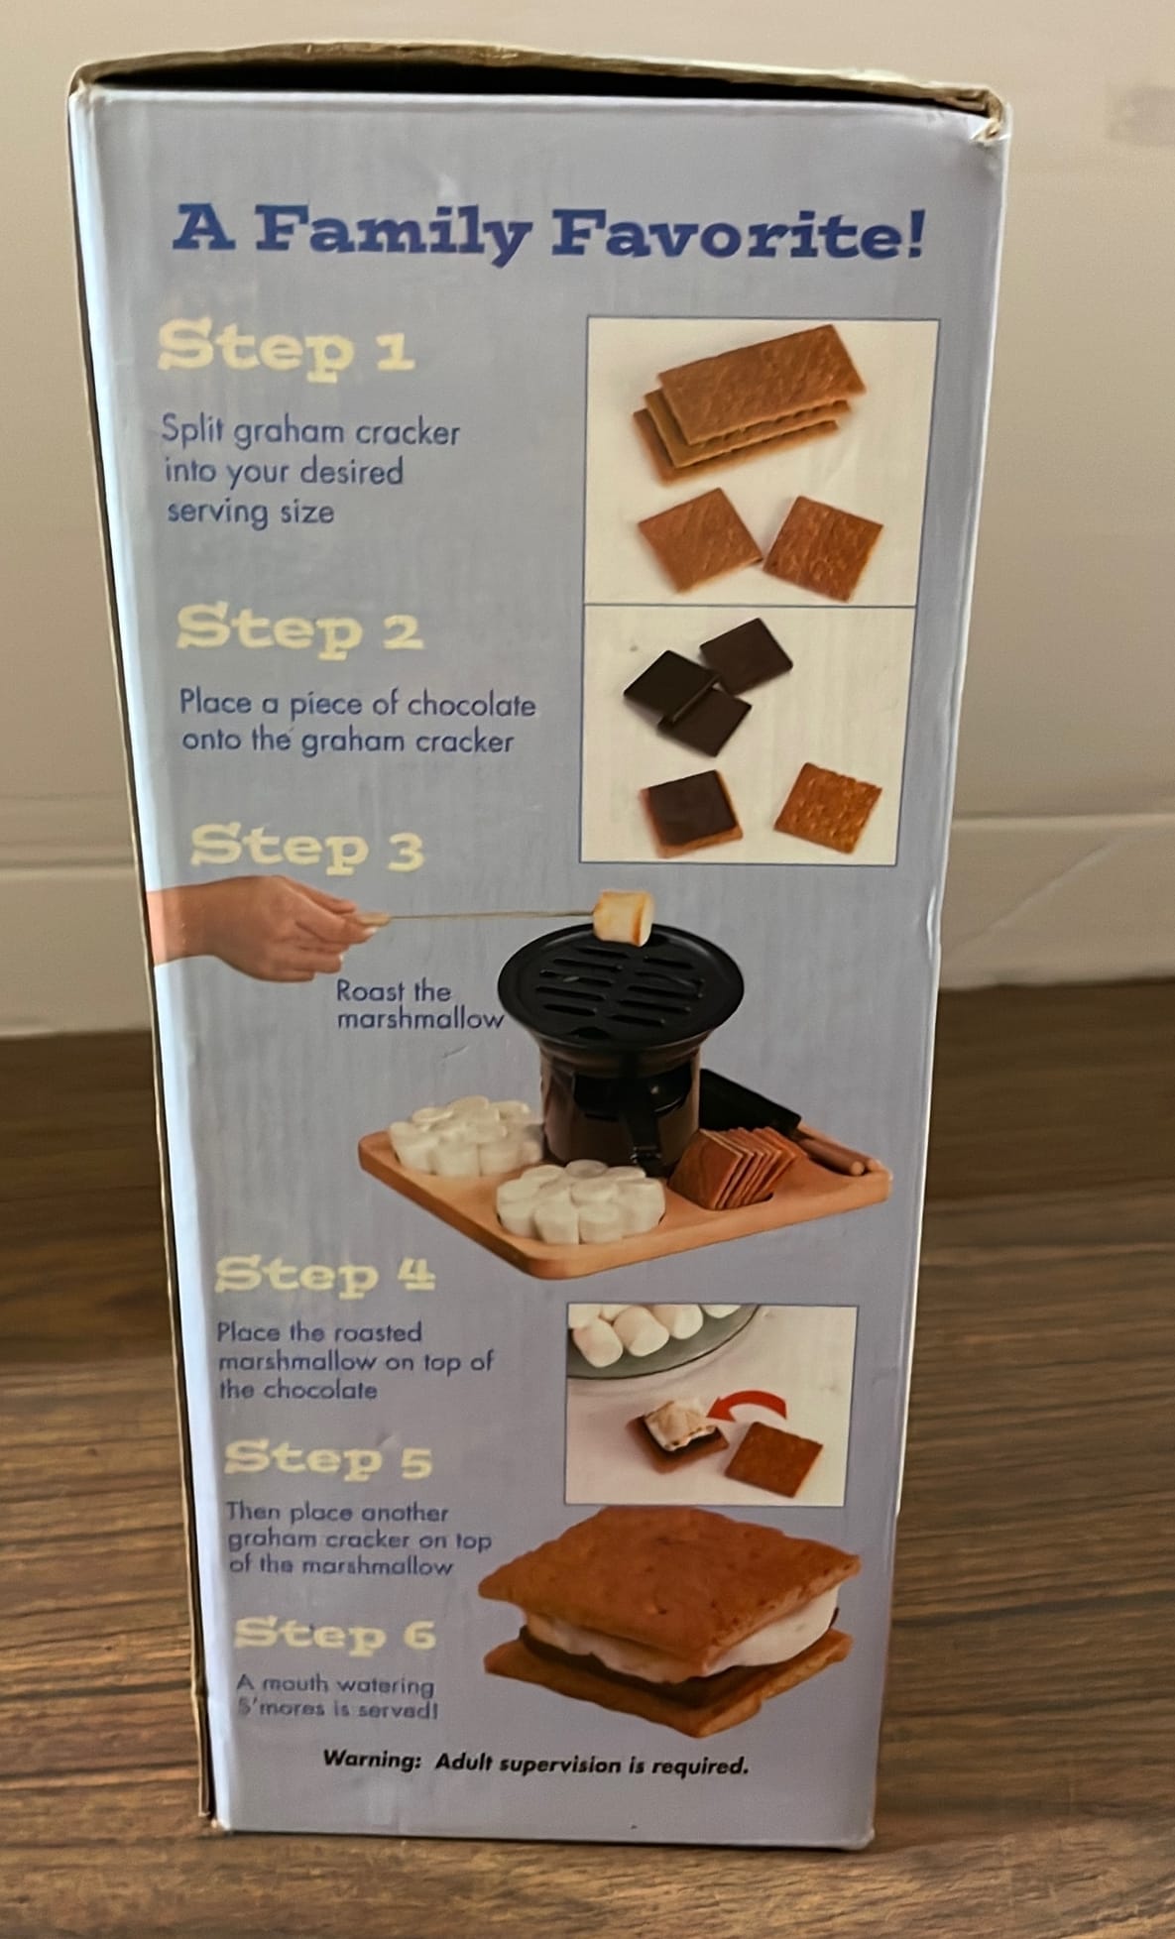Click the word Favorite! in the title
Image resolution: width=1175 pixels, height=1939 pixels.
739,235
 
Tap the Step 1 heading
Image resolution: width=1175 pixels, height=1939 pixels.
286,348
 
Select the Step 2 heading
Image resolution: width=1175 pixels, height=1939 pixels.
299,628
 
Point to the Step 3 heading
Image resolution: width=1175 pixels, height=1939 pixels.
306,848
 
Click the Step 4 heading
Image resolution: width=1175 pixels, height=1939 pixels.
324,1274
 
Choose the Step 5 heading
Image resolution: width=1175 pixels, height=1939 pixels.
328,1458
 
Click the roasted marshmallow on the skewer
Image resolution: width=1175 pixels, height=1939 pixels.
624,917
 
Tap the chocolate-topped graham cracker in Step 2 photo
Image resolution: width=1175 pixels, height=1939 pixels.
693,808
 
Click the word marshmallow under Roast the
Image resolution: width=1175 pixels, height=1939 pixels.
419,1019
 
